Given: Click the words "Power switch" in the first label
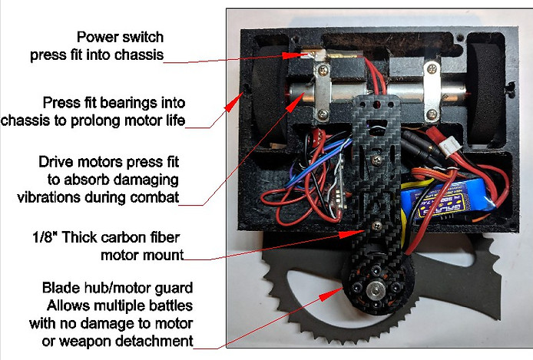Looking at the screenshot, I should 121,37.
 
